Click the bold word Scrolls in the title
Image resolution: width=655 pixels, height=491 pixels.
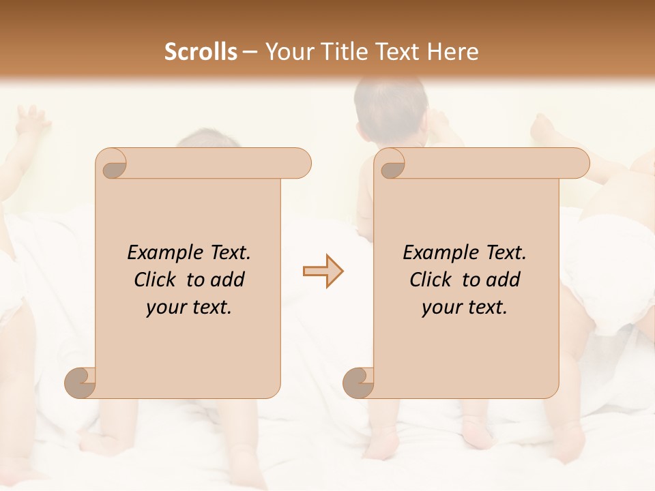[x=201, y=52]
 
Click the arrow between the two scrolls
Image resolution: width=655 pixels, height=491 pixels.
[x=323, y=271]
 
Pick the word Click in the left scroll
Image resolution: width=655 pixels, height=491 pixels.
[x=158, y=280]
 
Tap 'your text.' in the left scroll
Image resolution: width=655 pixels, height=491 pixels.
[x=189, y=307]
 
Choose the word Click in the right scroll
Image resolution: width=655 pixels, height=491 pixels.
[x=433, y=280]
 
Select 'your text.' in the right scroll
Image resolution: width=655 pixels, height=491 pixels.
[x=465, y=307]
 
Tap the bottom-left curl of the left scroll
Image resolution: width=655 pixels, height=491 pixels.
[x=81, y=383]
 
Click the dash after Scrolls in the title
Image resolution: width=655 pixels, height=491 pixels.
[x=250, y=53]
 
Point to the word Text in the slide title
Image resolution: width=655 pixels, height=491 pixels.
[x=399, y=52]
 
